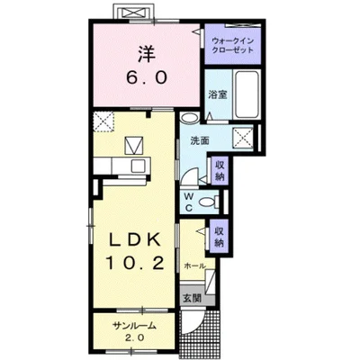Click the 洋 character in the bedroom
click(147, 54)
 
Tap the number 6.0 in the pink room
click(147, 78)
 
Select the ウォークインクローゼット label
click(233, 45)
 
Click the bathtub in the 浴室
click(247, 94)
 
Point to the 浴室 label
click(218, 95)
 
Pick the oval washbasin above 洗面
click(189, 117)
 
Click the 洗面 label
click(200, 140)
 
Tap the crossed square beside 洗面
click(244, 137)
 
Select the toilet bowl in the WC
click(208, 202)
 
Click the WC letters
click(189, 202)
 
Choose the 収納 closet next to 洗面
click(220, 170)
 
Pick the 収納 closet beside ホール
click(220, 236)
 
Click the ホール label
click(194, 265)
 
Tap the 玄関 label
click(192, 298)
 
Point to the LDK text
click(134, 241)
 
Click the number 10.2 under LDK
click(134, 264)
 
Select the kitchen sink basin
click(138, 166)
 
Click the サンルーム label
click(134, 326)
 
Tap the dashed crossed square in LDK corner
click(103, 121)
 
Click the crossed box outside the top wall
click(134, 13)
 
